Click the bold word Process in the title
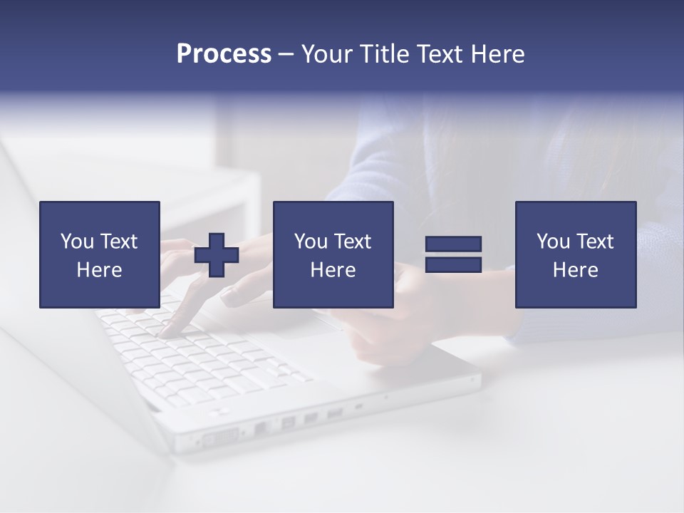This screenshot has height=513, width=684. (x=224, y=54)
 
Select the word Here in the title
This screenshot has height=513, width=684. (x=497, y=54)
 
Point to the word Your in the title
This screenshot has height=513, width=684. (x=328, y=54)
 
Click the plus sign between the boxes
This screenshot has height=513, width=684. (x=217, y=255)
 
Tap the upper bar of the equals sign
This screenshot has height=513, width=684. (x=453, y=244)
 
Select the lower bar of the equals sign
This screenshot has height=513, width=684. (x=453, y=264)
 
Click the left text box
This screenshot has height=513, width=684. (x=99, y=254)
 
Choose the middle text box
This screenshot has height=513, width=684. (x=333, y=254)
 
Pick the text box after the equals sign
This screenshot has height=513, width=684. (x=575, y=254)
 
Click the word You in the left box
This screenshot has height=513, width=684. (x=77, y=242)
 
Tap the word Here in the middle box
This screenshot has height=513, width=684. (x=333, y=270)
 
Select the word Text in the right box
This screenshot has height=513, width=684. (x=594, y=242)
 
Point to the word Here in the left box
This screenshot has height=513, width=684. (x=99, y=270)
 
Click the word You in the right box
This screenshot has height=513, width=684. (x=553, y=242)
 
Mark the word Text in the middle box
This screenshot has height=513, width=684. (x=352, y=242)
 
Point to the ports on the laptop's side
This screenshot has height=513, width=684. (x=285, y=424)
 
